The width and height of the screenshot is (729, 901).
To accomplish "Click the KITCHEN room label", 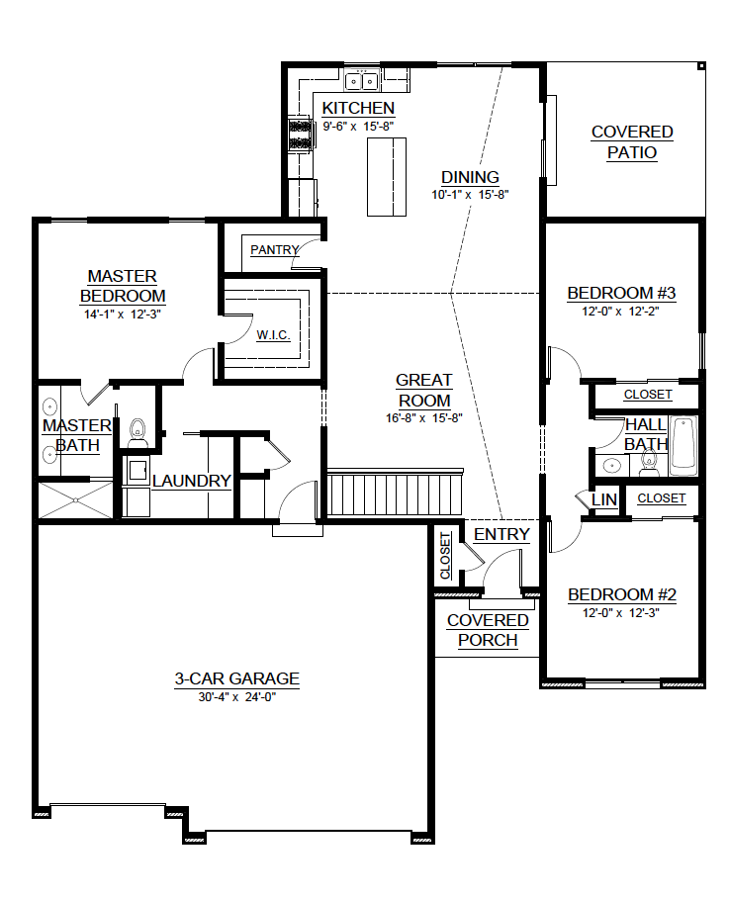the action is click(358, 108).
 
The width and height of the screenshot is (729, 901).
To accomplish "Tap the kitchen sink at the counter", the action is click(362, 81).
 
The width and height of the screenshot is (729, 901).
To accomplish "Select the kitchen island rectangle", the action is click(387, 177).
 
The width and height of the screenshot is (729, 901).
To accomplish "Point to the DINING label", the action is click(470, 177).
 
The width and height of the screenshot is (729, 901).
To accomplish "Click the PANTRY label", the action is click(275, 250).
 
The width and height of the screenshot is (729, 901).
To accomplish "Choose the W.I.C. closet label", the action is click(273, 335).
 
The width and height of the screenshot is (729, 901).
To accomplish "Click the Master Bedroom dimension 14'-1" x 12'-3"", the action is click(122, 315).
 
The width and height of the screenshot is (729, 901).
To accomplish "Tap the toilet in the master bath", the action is click(137, 432).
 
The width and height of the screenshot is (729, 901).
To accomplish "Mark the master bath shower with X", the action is click(75, 500).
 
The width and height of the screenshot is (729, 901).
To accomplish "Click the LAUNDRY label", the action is click(191, 481).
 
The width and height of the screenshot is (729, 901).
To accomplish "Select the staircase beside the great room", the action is click(395, 492).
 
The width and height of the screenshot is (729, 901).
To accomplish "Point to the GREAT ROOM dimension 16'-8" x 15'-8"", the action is click(424, 418).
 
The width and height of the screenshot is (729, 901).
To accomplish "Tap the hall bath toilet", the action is click(649, 464).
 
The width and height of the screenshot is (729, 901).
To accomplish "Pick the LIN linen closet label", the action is click(604, 499).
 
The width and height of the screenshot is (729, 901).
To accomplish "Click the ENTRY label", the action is click(501, 534).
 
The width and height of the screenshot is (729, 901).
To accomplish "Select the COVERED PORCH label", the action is click(488, 630).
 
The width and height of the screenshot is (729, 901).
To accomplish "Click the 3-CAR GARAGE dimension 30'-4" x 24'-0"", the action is click(237, 697).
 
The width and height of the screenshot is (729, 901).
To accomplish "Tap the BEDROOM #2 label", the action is click(621, 594).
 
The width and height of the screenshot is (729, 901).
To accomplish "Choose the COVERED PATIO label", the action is click(632, 142).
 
